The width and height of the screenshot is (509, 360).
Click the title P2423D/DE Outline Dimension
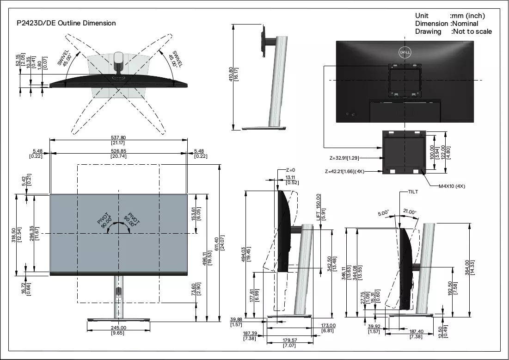pyautogui.click(x=66, y=23)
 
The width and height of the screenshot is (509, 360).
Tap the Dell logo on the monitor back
pyautogui.click(x=405, y=52)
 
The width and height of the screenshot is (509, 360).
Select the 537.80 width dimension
pyautogui.click(x=118, y=138)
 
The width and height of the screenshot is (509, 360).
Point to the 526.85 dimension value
pyautogui.click(x=118, y=151)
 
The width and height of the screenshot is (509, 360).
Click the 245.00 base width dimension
pyautogui.click(x=118, y=328)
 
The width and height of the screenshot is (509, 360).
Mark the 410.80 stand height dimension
pyautogui.click(x=231, y=74)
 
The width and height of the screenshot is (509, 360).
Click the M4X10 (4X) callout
pyautogui.click(x=452, y=186)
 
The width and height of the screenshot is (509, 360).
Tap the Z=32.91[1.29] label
pyautogui.click(x=344, y=158)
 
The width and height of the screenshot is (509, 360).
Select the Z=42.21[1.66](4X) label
pyautogui.click(x=344, y=171)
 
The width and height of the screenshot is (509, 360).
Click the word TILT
pyautogui.click(x=413, y=192)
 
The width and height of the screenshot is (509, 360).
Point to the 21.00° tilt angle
pyautogui.click(x=410, y=212)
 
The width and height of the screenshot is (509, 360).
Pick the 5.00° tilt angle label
pyautogui.click(x=383, y=213)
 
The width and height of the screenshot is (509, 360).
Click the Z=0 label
pyautogui.click(x=290, y=170)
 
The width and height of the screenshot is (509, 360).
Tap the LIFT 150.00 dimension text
pyautogui.click(x=318, y=207)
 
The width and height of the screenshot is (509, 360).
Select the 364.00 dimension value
pyautogui.click(x=467, y=267)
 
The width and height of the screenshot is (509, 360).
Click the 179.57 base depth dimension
pyautogui.click(x=289, y=340)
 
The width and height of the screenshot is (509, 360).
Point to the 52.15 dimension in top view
pyautogui.click(x=18, y=59)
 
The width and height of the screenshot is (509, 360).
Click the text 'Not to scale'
pyautogui.click(x=472, y=31)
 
